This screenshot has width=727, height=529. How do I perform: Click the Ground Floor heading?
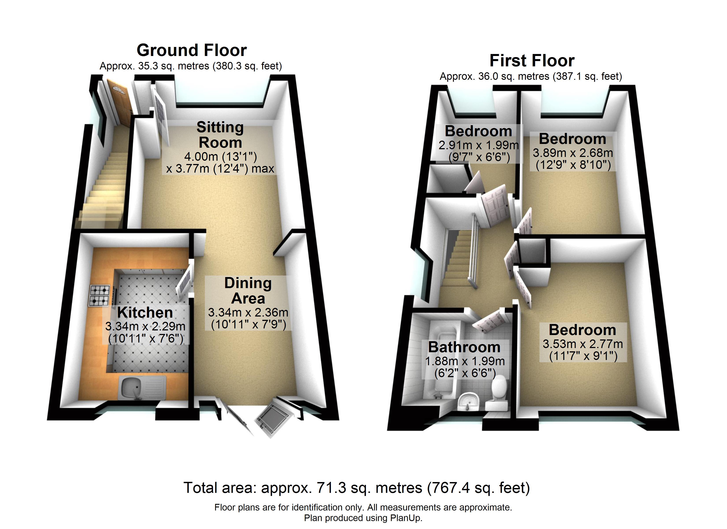pyautogui.click(x=192, y=50)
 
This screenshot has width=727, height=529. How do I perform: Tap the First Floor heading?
pyautogui.click(x=532, y=61)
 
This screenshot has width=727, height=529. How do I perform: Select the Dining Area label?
pyautogui.click(x=248, y=291)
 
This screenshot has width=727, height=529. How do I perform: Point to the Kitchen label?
pyautogui.click(x=145, y=313)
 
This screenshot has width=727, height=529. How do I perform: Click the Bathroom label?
pyautogui.click(x=464, y=347)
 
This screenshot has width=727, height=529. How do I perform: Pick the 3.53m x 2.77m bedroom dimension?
pyautogui.click(x=583, y=344)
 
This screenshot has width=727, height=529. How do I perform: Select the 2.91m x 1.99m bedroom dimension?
pyautogui.click(x=478, y=145)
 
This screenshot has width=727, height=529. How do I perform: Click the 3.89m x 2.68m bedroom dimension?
pyautogui.click(x=573, y=153)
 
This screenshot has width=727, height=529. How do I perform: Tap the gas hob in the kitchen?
pyautogui.click(x=100, y=295)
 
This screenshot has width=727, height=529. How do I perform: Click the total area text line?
pyautogui.click(x=356, y=488)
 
